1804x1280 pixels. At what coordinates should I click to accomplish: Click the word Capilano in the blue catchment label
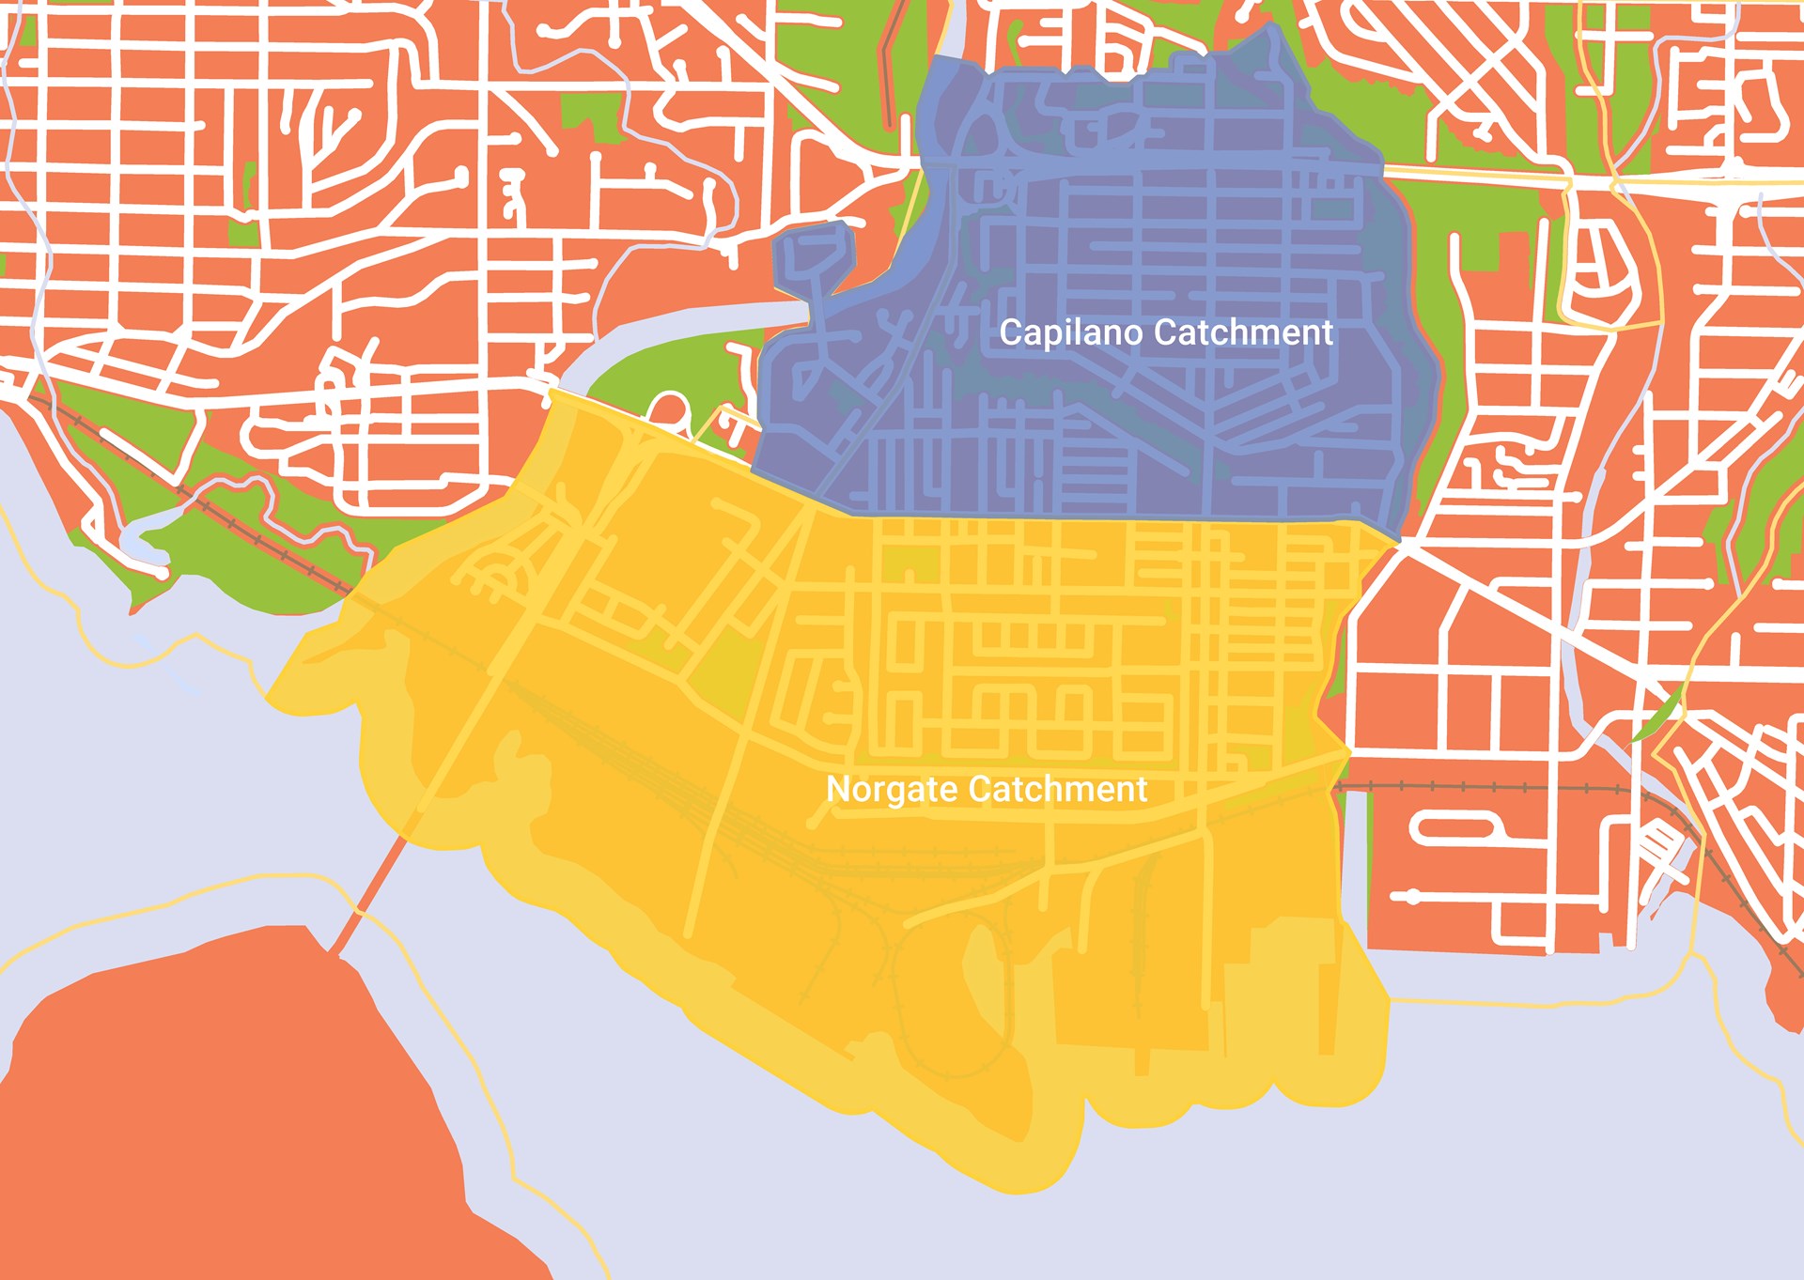point(1071,333)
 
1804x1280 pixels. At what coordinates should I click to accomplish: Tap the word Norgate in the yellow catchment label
point(892,790)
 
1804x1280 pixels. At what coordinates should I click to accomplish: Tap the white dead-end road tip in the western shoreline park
point(162,571)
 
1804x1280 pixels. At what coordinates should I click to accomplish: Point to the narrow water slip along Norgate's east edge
point(1351,864)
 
